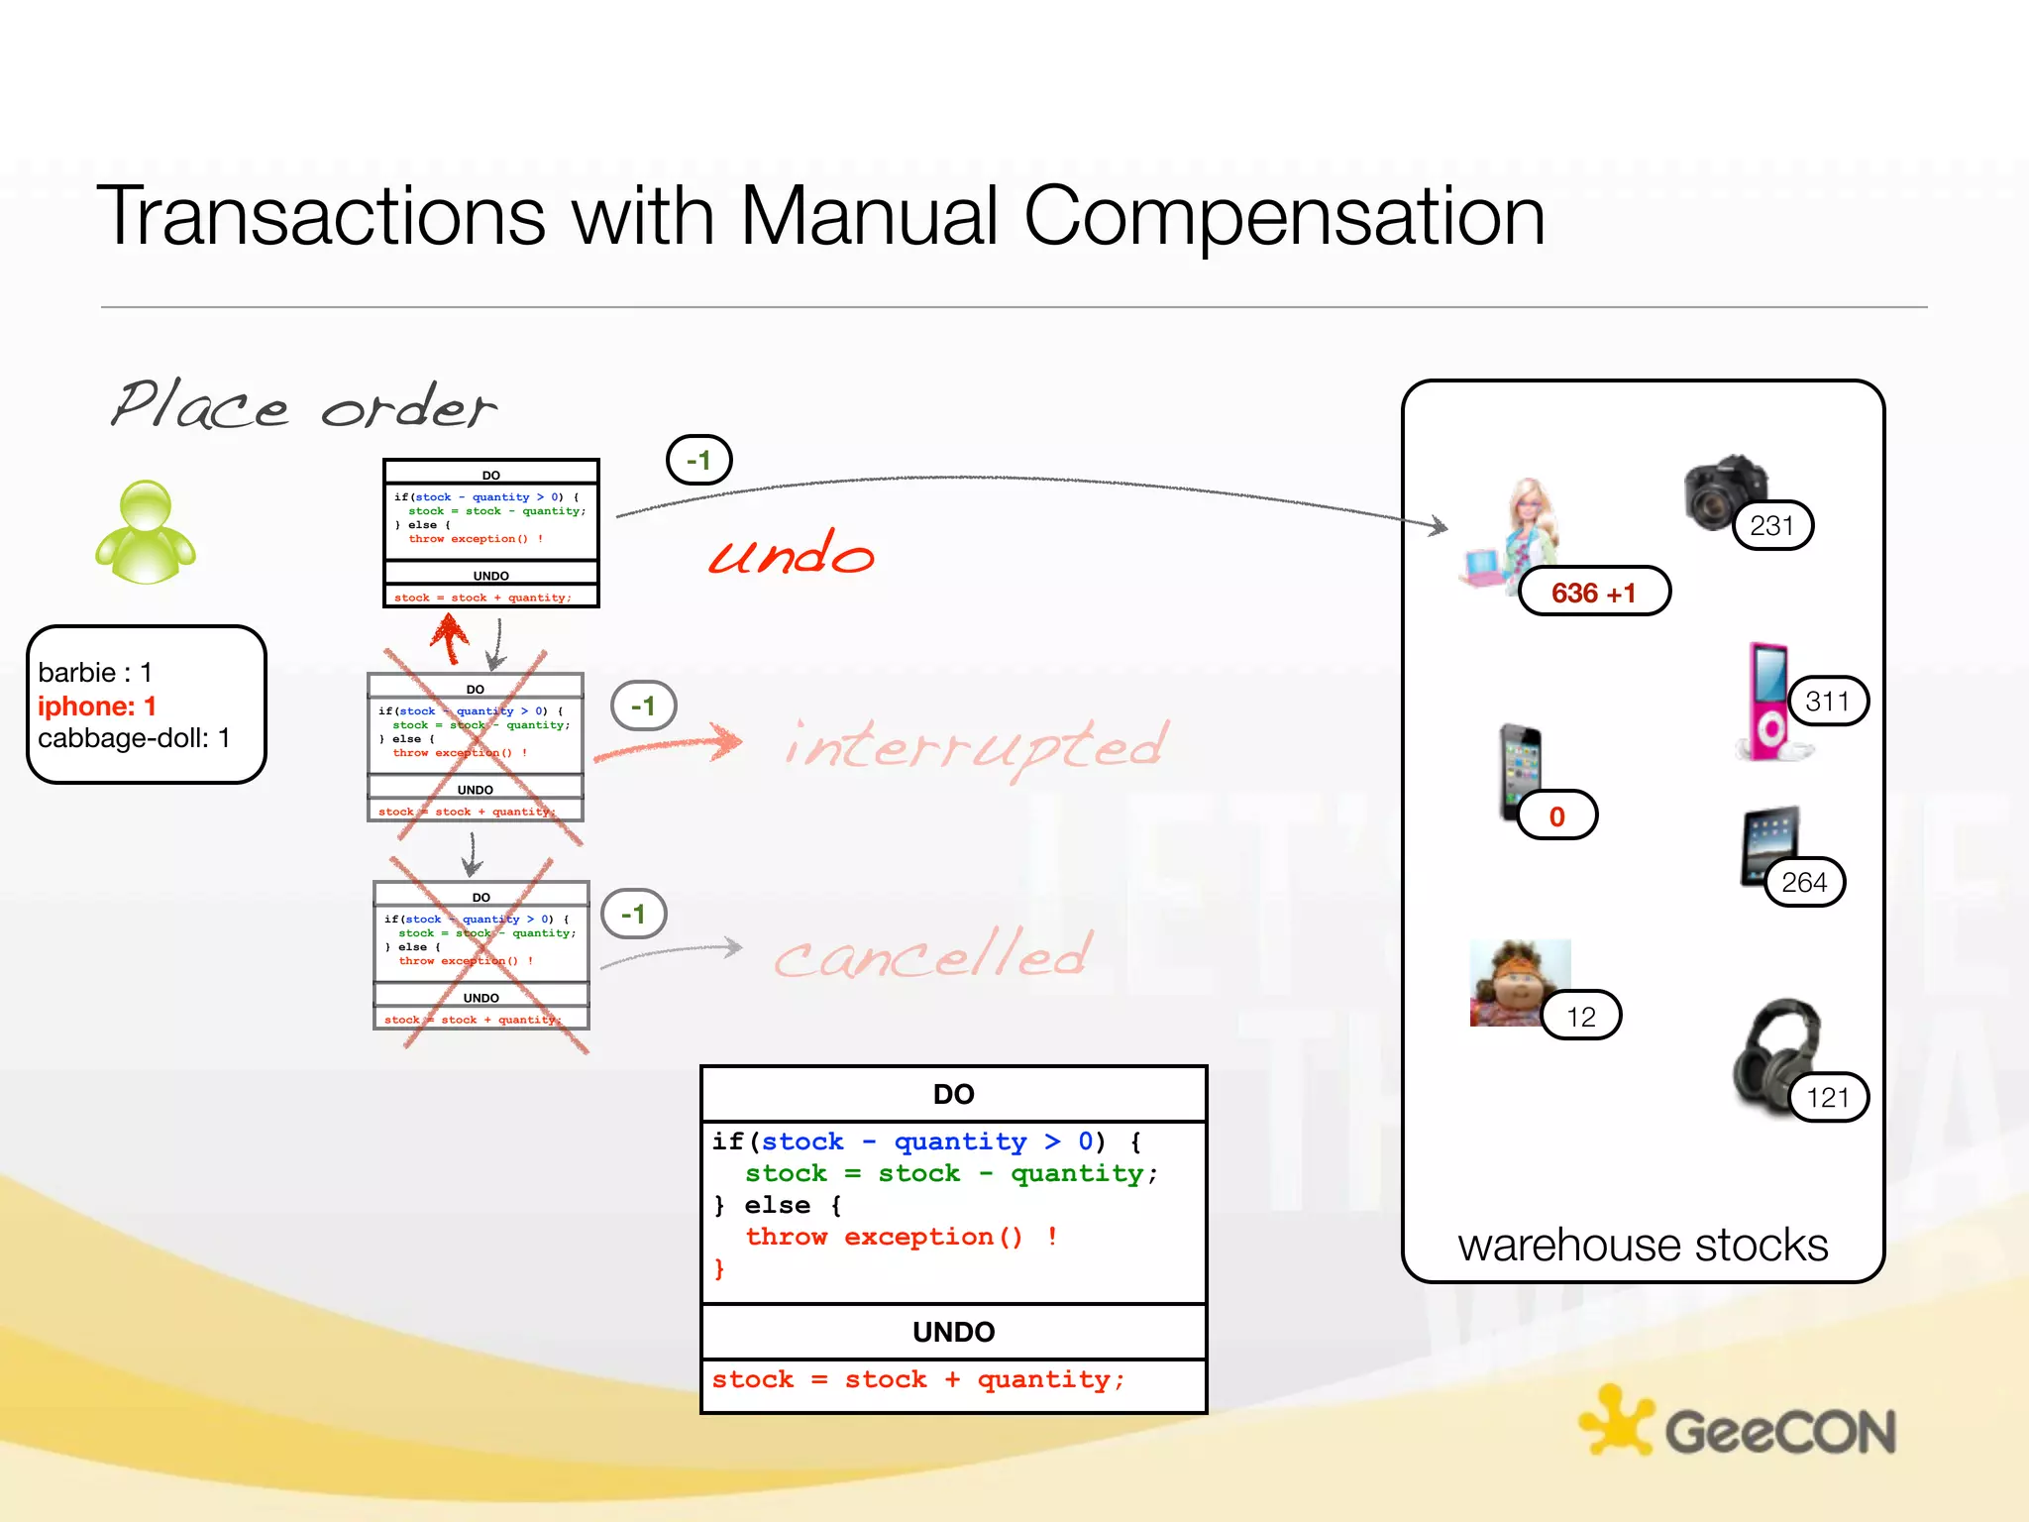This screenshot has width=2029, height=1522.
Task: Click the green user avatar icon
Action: click(146, 532)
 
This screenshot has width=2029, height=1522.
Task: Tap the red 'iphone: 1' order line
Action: click(97, 707)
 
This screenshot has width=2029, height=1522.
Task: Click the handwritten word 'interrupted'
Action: click(976, 746)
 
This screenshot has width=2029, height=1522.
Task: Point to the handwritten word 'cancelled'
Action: click(932, 954)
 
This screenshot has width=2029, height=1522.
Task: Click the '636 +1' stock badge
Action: click(1593, 593)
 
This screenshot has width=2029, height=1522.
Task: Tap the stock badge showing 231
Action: click(1771, 525)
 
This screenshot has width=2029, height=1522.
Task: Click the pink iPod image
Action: click(1768, 702)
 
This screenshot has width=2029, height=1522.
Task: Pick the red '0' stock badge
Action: click(1556, 816)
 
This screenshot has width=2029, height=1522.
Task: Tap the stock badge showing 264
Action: click(1803, 882)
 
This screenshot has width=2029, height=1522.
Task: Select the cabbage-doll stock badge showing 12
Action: click(1580, 1017)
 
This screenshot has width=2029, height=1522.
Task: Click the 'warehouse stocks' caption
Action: click(1643, 1245)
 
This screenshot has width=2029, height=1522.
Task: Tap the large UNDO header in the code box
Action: click(953, 1332)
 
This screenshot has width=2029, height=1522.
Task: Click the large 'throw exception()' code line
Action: click(884, 1237)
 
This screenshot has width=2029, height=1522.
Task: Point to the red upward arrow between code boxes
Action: click(450, 637)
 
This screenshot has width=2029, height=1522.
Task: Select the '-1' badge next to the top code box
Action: click(698, 461)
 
